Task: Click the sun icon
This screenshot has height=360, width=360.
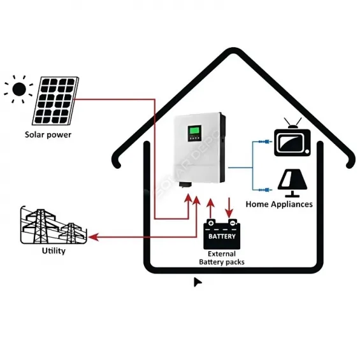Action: (19, 89)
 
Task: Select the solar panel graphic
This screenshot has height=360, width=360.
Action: (57, 101)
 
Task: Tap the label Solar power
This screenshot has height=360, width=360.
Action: (48, 134)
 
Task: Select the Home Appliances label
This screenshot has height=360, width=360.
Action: (279, 205)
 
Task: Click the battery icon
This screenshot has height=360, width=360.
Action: (222, 234)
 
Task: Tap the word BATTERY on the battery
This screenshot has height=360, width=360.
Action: (222, 236)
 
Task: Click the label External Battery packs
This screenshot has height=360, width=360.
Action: (222, 257)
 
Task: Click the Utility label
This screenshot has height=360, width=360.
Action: (54, 250)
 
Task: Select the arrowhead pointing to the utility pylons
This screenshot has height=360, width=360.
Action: (93, 237)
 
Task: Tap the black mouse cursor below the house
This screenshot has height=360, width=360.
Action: (198, 282)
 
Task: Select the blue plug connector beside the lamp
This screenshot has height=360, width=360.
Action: (261, 189)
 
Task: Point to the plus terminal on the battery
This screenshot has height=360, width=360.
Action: (211, 224)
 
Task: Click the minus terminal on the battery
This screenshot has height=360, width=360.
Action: (233, 224)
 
